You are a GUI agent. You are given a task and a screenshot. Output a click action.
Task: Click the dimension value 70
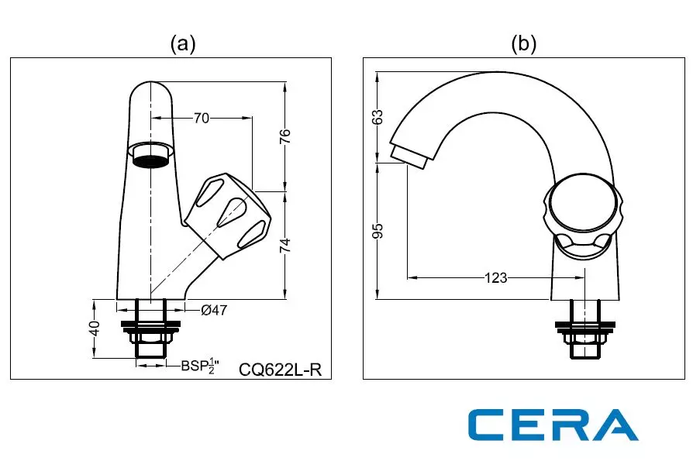point(202,119)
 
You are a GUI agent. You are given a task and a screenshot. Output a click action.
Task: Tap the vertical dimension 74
point(285,245)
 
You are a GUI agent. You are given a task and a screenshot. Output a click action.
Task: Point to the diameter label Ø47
point(214,310)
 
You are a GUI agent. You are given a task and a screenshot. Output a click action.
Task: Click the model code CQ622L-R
point(280,370)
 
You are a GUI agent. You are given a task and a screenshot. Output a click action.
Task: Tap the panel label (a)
point(183,44)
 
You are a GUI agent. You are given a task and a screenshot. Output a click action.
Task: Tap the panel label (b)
point(523,44)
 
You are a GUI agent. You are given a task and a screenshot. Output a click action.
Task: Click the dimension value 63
point(378,117)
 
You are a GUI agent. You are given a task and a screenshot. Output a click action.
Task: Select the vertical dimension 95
point(378,232)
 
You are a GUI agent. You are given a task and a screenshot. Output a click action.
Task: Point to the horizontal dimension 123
point(496,277)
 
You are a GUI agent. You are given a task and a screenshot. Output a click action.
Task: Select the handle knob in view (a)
point(230,215)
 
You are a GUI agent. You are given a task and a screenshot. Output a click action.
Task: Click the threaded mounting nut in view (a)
point(151,338)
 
